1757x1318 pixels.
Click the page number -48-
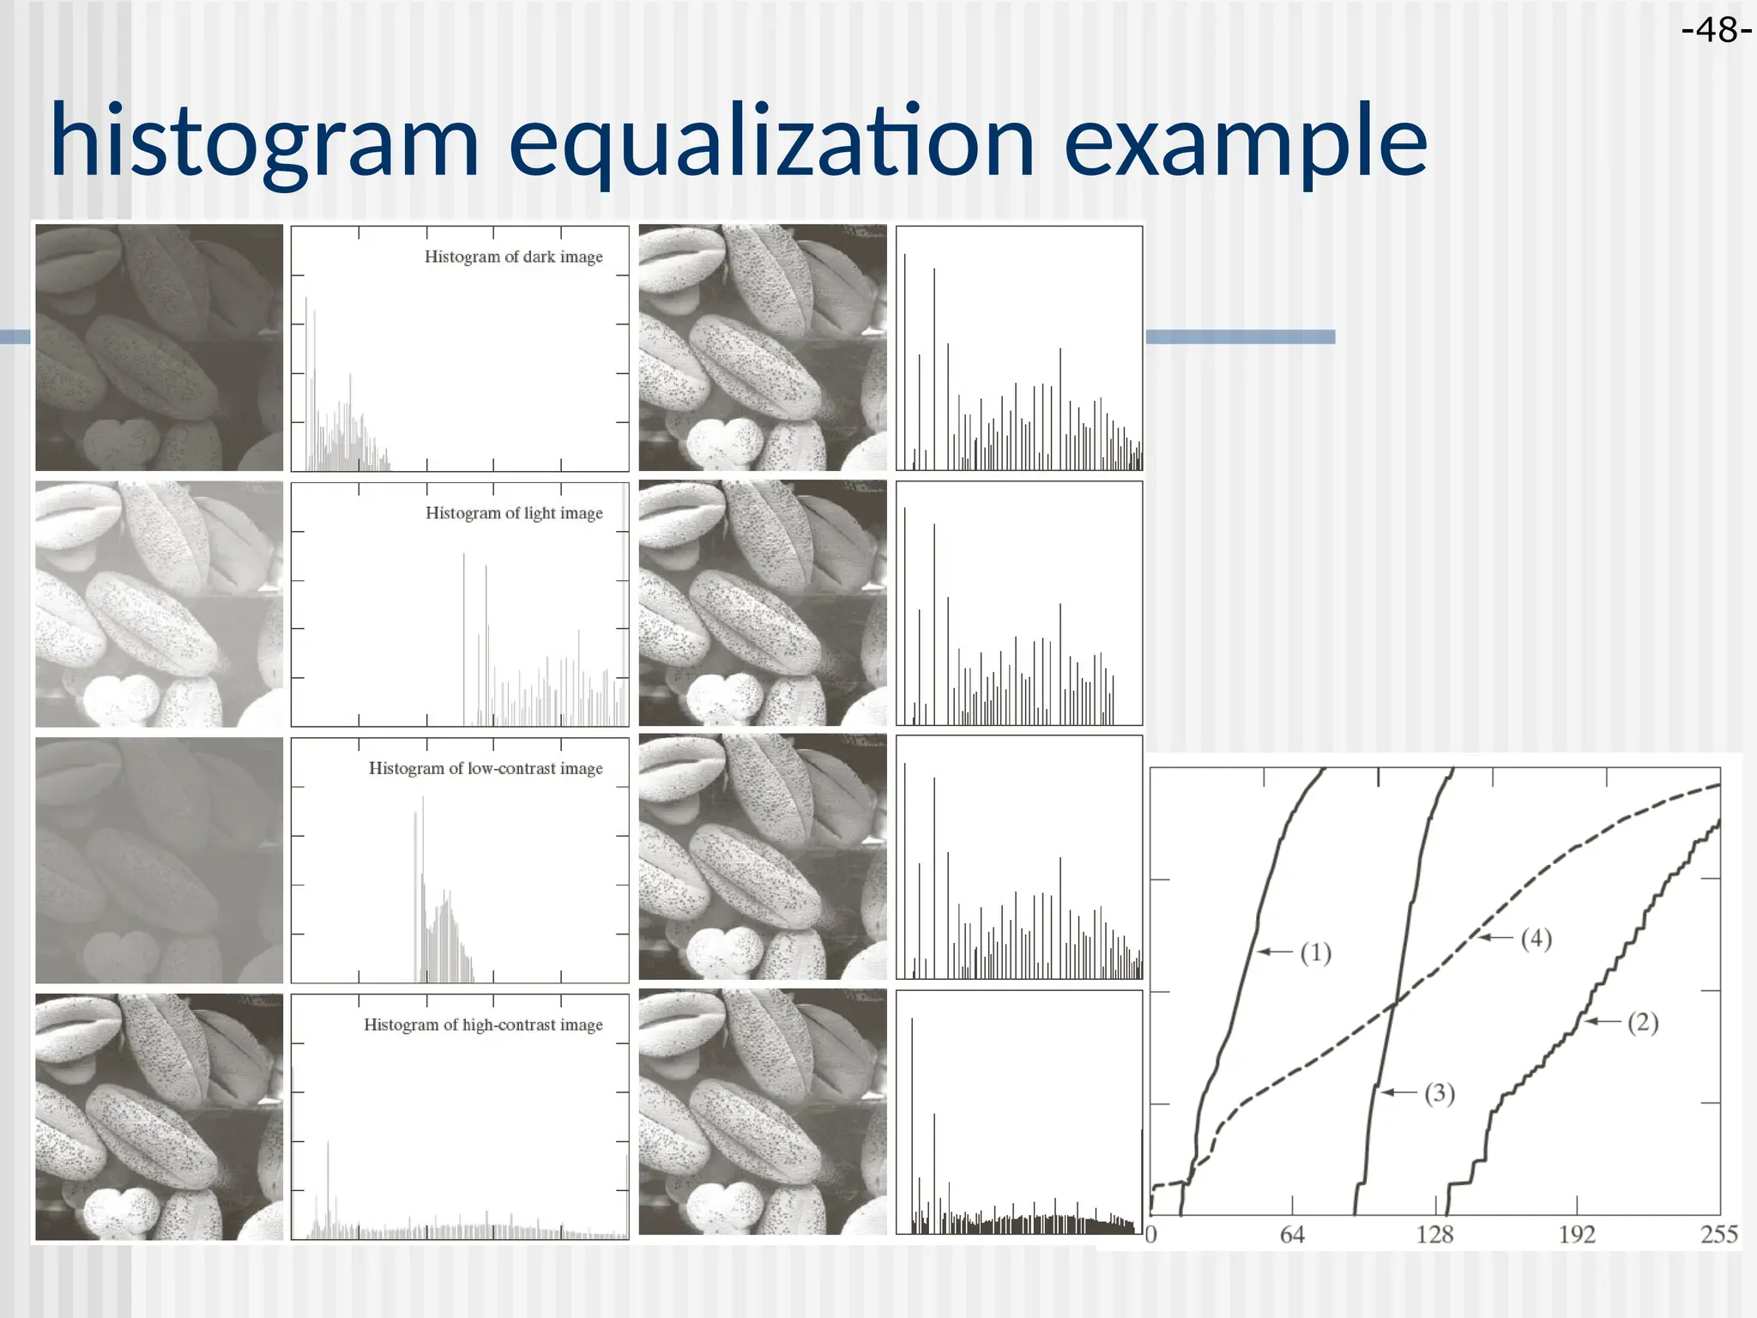point(1717,31)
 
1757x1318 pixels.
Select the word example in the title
point(1245,141)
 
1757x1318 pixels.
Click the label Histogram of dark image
point(513,257)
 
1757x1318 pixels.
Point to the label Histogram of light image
point(514,513)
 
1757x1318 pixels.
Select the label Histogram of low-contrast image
point(486,768)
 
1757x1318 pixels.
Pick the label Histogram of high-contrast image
point(483,1025)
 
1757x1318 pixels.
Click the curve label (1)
point(1315,952)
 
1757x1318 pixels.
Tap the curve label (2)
point(1643,1022)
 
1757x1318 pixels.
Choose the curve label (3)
point(1440,1093)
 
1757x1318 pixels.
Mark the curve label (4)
point(1536,939)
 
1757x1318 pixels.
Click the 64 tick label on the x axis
point(1292,1235)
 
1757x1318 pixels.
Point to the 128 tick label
point(1434,1235)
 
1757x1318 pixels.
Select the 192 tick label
point(1577,1235)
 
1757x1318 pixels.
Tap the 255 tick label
point(1719,1235)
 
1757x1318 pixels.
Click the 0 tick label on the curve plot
point(1151,1235)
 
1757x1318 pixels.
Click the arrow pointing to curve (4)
point(1495,938)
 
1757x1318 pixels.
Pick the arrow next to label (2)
point(1603,1021)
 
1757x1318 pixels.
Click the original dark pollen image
point(159,348)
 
